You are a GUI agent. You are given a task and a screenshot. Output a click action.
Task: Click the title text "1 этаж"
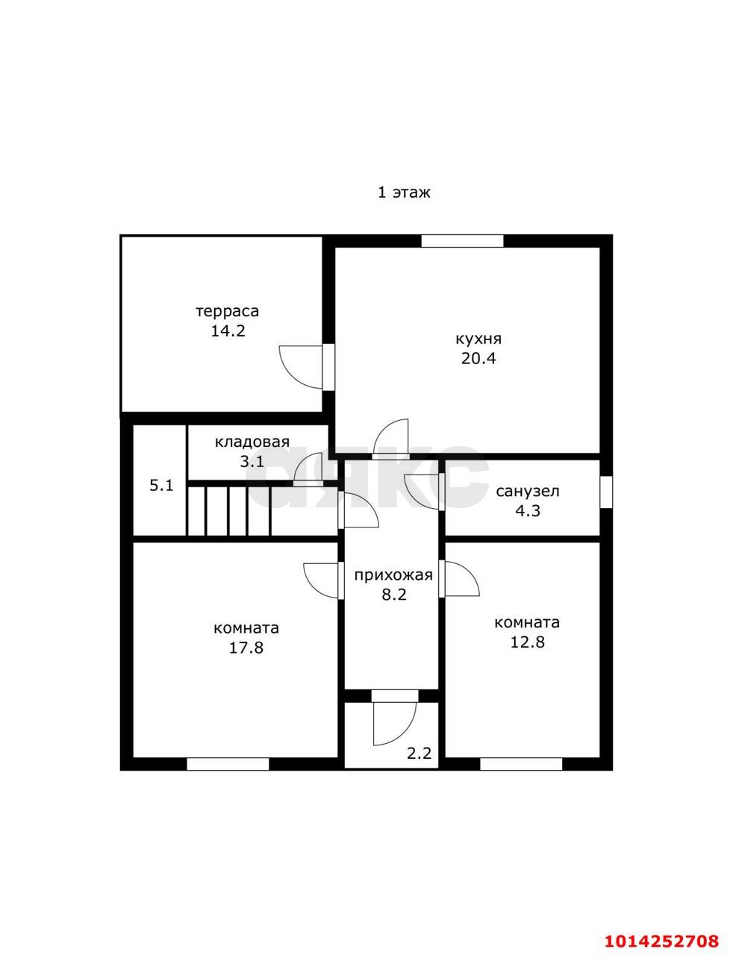[404, 192]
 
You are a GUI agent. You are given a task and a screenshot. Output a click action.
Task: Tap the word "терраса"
[228, 312]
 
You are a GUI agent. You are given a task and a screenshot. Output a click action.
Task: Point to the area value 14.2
[228, 331]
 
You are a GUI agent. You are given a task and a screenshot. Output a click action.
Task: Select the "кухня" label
[478, 339]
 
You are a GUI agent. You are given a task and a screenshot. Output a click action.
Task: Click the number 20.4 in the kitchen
[478, 359]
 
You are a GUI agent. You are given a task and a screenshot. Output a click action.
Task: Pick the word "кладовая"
[252, 442]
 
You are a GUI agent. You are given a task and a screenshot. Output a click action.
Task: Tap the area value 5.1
[161, 486]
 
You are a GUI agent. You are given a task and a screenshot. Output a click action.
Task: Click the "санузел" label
[528, 492]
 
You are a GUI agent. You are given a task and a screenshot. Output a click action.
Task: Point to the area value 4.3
[528, 510]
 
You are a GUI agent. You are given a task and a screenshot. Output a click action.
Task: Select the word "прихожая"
[393, 575]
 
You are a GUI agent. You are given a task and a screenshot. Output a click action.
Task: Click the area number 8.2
[394, 595]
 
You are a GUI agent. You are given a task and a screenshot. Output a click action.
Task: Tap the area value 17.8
[246, 648]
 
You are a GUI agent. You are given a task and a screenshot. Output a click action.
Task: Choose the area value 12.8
[527, 642]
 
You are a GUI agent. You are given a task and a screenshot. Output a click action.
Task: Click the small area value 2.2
[419, 754]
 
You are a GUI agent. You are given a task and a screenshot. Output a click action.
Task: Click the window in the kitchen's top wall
[463, 241]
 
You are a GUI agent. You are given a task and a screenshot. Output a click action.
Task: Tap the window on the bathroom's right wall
[606, 492]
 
